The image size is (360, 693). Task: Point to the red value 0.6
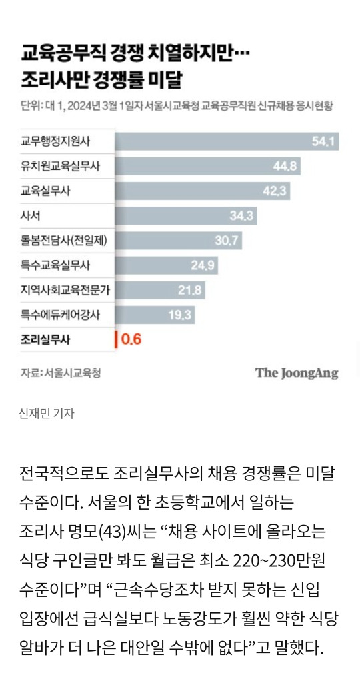pos(131,340)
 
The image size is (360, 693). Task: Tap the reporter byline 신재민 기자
pos(47,413)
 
